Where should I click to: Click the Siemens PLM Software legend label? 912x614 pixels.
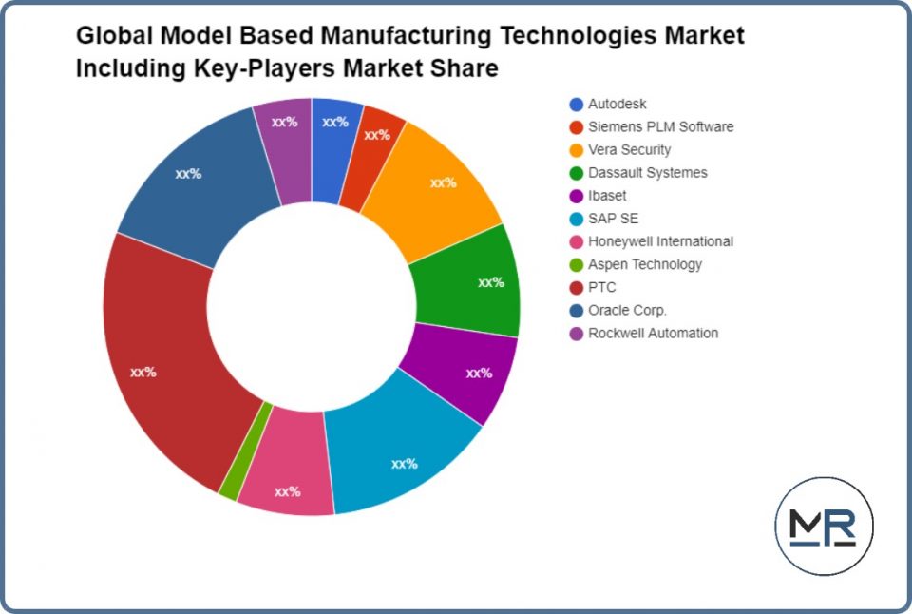coord(660,126)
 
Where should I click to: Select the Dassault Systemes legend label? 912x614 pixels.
coord(647,172)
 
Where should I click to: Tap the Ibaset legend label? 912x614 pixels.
coord(607,196)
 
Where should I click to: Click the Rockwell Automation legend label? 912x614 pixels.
coord(653,333)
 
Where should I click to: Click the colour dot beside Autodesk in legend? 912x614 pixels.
coord(576,105)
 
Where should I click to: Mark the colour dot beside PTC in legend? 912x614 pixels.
coord(576,287)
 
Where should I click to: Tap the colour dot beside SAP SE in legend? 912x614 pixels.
coord(576,219)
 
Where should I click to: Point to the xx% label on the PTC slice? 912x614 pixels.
coord(142,372)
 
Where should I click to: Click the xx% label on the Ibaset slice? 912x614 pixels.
coord(479,373)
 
